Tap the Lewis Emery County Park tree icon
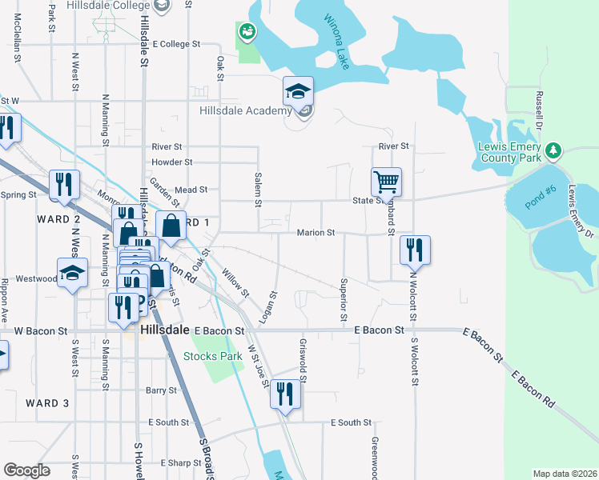click(x=552, y=150)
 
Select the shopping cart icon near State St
click(x=386, y=182)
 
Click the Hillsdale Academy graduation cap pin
click(x=298, y=92)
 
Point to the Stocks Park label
click(x=213, y=356)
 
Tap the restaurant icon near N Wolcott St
click(x=415, y=250)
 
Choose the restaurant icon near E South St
click(x=284, y=394)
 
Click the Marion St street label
click(x=315, y=233)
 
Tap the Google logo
click(x=26, y=470)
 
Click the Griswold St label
click(x=304, y=351)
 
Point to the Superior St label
click(x=344, y=297)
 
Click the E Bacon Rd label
click(x=533, y=390)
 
